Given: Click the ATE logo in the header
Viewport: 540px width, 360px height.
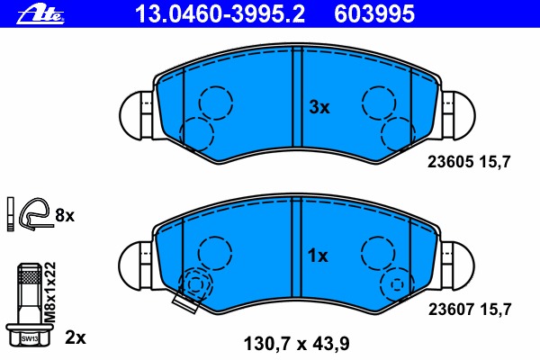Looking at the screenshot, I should click(45, 12).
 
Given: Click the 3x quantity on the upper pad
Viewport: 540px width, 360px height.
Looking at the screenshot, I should click(319, 107).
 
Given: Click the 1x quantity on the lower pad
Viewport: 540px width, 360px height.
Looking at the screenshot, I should click(319, 256).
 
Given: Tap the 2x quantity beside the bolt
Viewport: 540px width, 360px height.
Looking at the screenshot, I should click(76, 337).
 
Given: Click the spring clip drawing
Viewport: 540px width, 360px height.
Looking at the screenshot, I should click(34, 214).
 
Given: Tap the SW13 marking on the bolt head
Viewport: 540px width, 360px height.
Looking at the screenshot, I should click(30, 338).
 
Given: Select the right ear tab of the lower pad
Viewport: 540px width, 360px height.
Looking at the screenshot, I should click(459, 262).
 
